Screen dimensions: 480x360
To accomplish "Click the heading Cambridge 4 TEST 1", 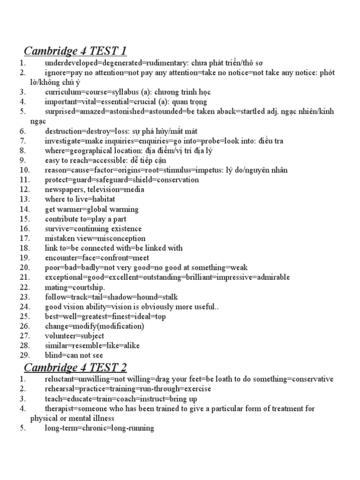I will point(75,51).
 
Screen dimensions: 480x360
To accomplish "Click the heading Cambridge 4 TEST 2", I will point(75,367).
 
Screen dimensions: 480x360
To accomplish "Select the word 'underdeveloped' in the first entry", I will point(68,63).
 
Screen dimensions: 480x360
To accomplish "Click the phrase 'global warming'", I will point(116,209).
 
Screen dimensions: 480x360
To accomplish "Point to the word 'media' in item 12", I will point(135,189).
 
